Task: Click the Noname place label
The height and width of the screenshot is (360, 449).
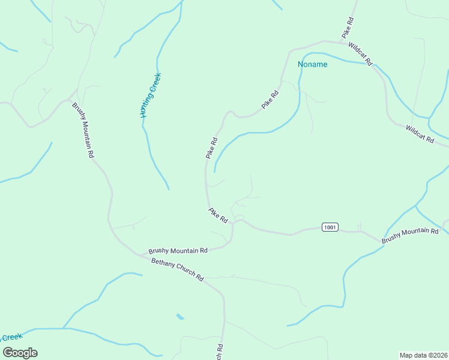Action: coord(313,64)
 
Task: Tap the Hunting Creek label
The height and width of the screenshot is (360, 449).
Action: coord(151,95)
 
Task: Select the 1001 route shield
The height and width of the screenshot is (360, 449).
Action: coord(330,227)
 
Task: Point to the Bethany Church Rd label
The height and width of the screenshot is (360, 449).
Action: coord(178,270)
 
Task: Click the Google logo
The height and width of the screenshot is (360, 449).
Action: coord(20,352)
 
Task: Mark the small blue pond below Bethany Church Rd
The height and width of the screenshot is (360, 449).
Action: coord(180,316)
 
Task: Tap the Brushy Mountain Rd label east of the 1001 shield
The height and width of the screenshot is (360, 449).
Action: coord(410,236)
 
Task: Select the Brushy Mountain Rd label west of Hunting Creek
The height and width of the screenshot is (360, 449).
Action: coord(83,130)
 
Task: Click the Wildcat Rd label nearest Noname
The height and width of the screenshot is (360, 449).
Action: coord(361,53)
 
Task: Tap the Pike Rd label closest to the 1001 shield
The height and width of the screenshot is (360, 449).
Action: coord(218,215)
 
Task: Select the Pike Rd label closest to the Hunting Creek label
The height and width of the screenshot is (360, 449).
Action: coord(211,148)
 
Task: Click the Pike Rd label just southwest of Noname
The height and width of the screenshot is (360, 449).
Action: coord(271,100)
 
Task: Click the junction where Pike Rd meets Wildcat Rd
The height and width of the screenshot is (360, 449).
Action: coord(343,42)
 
